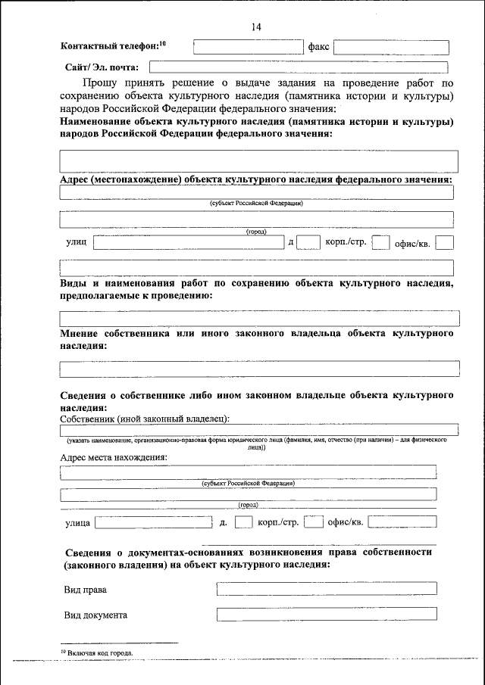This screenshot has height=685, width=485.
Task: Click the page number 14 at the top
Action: [255, 28]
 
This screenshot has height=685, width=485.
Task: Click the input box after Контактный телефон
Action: [248, 47]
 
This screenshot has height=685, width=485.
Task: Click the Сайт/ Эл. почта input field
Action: [299, 67]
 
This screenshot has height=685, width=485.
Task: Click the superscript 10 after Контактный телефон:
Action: [161, 44]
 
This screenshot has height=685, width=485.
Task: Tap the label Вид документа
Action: [95, 615]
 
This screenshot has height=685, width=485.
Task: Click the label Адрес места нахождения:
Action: [114, 457]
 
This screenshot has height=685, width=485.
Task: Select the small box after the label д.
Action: [243, 522]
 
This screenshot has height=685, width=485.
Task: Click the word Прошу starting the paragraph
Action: [101, 83]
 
